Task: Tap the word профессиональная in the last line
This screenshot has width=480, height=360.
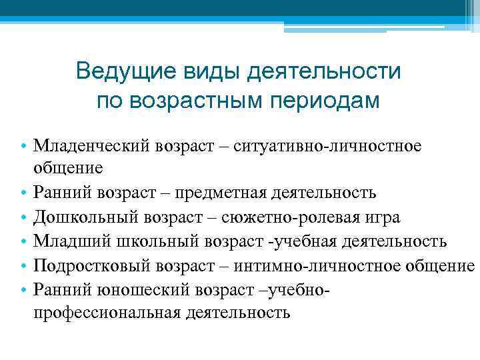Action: [x=107, y=312]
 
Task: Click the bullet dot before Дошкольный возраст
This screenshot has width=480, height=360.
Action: [x=23, y=218]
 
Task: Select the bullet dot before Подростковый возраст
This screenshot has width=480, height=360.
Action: [x=23, y=266]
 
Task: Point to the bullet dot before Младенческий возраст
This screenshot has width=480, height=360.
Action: [x=23, y=146]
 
